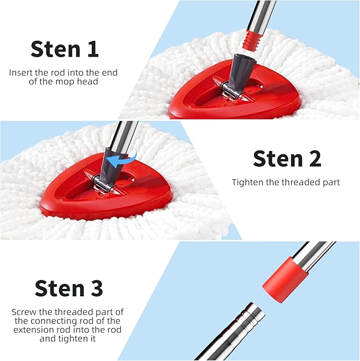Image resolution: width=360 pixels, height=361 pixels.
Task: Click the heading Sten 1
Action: pyautogui.click(x=65, y=49)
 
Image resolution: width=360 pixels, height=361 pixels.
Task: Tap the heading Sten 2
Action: pyautogui.click(x=287, y=159)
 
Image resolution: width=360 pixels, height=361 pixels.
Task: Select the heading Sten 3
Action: pyautogui.click(x=69, y=288)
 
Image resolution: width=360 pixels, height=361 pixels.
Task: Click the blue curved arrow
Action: pyautogui.click(x=121, y=157)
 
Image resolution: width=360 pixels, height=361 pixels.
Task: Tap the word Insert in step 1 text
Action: pyautogui.click(x=21, y=72)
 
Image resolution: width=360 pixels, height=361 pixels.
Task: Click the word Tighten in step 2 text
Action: pyautogui.click(x=248, y=182)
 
